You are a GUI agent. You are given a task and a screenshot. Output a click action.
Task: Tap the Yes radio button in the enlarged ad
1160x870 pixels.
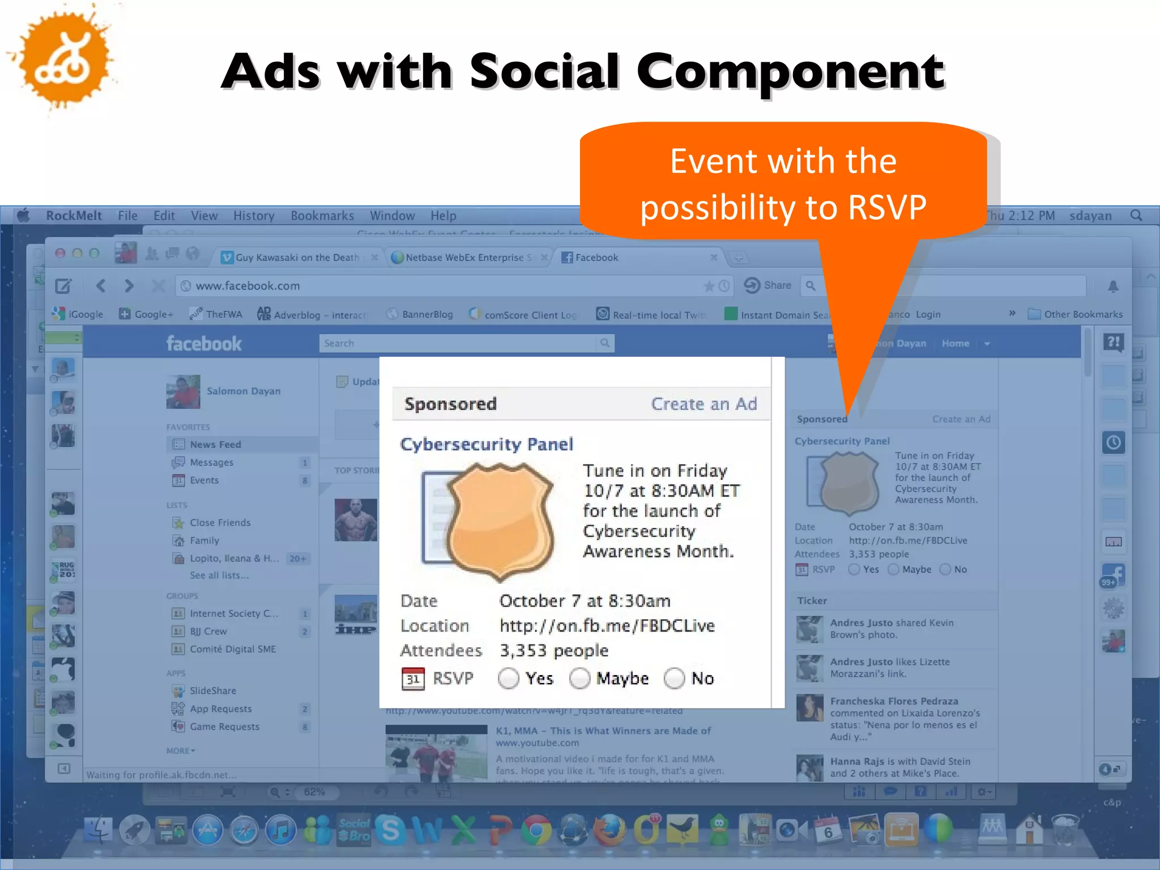[509, 678]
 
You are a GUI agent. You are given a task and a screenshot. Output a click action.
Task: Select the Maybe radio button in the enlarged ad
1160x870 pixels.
[580, 678]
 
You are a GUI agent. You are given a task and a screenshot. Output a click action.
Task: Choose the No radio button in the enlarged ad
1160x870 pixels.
[675, 678]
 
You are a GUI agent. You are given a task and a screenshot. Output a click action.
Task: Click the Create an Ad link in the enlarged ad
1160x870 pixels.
[703, 404]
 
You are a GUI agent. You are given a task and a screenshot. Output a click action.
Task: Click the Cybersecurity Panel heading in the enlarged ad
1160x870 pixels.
[487, 444]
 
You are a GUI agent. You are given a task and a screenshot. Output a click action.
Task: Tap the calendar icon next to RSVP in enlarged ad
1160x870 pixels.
[413, 679]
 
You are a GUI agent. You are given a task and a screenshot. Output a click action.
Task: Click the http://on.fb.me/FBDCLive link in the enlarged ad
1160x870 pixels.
[607, 626]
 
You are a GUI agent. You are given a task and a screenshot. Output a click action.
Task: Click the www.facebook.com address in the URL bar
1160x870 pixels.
[248, 286]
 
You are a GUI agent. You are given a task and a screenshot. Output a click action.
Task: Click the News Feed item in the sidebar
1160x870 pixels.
[215, 445]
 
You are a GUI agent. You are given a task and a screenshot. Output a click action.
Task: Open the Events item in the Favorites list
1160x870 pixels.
[204, 480]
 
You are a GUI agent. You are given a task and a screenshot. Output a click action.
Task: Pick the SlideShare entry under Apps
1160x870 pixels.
[213, 691]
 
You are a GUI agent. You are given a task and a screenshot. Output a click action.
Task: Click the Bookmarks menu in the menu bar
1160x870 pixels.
[322, 216]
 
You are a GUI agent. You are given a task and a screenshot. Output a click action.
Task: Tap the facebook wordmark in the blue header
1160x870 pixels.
[204, 344]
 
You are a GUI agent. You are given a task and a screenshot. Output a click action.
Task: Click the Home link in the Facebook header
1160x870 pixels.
[955, 343]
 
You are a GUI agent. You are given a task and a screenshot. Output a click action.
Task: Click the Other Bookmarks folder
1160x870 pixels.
[1082, 314]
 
